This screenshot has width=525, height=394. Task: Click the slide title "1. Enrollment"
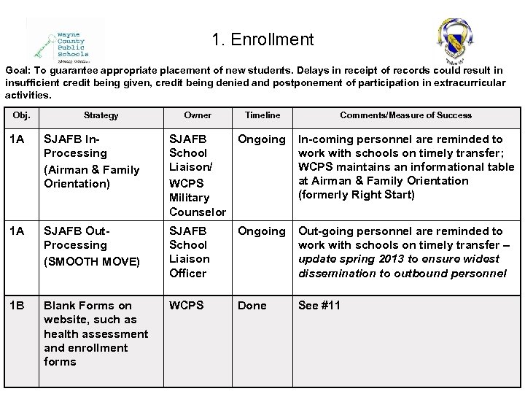(x=262, y=39)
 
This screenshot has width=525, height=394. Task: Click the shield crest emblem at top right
(x=454, y=39)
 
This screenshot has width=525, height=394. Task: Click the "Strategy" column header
(x=101, y=115)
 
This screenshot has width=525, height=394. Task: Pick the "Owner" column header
(x=198, y=115)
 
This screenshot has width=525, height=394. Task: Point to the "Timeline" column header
(x=262, y=115)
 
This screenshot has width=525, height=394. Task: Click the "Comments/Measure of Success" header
(x=405, y=115)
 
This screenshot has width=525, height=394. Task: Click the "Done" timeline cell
(x=252, y=306)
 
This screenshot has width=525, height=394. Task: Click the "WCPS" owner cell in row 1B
(x=187, y=306)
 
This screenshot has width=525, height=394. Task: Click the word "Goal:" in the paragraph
(x=19, y=69)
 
